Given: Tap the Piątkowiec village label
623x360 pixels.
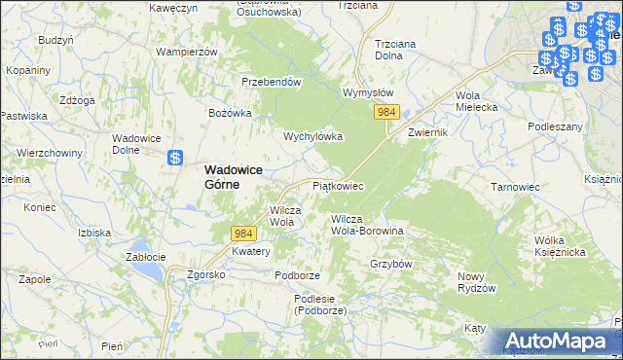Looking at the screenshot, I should point(338,185).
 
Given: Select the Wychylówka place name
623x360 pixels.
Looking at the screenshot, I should point(312,137).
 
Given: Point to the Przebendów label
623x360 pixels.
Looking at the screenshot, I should point(271,83).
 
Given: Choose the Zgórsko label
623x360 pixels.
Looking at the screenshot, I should point(206,274).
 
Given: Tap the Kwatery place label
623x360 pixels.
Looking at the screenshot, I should point(251,251).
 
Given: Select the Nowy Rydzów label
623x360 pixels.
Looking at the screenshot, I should point(477,282).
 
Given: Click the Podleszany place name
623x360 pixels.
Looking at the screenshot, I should point(555,126).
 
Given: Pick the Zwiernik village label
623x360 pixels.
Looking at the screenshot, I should point(427,132).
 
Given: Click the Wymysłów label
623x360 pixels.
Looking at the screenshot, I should point(368,92).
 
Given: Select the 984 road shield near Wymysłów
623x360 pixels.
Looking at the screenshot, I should point(385,114).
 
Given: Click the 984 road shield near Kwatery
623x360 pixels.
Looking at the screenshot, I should point(243,234).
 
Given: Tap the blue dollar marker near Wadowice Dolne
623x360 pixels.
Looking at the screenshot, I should point(175,158).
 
